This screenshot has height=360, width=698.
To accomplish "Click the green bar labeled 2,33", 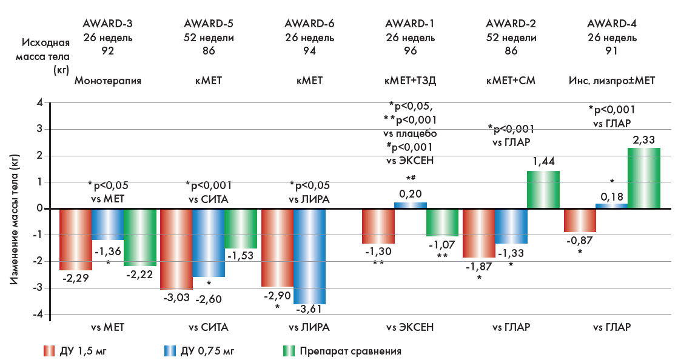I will coord(643,178).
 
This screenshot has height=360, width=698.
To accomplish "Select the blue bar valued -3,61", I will coord(309,256).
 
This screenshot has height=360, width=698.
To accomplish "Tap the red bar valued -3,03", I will coord(176,248).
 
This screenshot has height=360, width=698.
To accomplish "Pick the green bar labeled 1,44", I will coord(543,190).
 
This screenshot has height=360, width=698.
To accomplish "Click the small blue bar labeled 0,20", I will coord(411,205).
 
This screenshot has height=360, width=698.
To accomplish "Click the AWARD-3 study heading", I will coord(108,24).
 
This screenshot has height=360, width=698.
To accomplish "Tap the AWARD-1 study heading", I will coord(410,24).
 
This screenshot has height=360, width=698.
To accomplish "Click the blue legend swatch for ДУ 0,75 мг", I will coord(169,350).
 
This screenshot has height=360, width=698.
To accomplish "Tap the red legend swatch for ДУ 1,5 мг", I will coord(50,350).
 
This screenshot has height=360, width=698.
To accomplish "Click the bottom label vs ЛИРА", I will coord(309,327).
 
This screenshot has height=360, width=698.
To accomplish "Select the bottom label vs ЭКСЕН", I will coord(410,327).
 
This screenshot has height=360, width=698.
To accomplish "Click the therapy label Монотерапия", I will coord(108,79).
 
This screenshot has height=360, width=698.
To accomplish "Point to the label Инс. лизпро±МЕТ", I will coord(612,79).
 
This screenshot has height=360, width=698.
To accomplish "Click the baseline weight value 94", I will coord(309,51).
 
